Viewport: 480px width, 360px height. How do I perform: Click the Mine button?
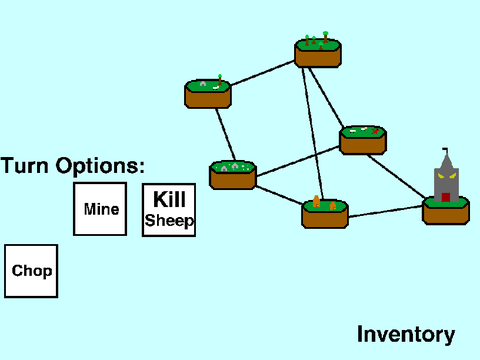[x=100, y=209]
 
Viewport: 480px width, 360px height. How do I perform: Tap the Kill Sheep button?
[x=169, y=210]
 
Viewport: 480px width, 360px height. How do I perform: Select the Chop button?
[x=31, y=271]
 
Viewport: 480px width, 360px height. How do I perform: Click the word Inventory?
[x=406, y=334]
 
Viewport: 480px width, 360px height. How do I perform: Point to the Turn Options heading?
[x=73, y=165]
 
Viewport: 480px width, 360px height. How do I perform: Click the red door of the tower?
[x=446, y=197]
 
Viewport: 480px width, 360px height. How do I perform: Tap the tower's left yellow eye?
[x=441, y=176]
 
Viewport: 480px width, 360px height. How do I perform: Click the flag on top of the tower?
[x=446, y=151]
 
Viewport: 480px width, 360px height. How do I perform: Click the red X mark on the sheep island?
[x=375, y=131]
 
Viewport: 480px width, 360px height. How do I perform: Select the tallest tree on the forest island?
[x=325, y=37]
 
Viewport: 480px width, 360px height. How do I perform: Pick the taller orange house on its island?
[x=316, y=201]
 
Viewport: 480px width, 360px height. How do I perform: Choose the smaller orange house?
[x=333, y=206]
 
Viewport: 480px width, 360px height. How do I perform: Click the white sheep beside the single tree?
[x=216, y=88]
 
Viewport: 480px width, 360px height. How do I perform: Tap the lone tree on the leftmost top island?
[x=220, y=80]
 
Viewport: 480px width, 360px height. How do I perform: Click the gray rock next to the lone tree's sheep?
[x=203, y=84]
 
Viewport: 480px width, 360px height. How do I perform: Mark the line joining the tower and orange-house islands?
[x=385, y=212]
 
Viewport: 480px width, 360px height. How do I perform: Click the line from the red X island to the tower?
[x=396, y=176]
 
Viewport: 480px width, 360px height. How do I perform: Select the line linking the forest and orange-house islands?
[x=313, y=133]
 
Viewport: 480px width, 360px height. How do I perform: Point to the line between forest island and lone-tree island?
[x=262, y=73]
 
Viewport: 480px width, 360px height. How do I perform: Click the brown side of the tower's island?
[x=446, y=214]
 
